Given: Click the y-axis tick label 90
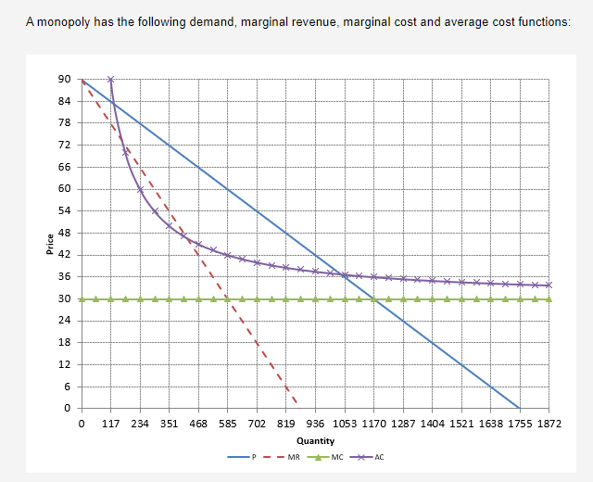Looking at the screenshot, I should click(x=63, y=80).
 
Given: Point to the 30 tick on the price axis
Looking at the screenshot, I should click(x=63, y=298).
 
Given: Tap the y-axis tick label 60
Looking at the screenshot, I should click(x=63, y=189).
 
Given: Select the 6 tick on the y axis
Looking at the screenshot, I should click(x=67, y=387).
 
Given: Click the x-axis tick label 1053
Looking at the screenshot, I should click(x=345, y=424).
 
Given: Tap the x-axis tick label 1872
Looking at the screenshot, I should click(x=549, y=424).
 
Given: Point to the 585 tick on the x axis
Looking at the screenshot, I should click(x=228, y=424).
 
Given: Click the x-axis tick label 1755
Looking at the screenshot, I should click(x=520, y=424).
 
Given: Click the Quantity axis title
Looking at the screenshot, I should click(x=315, y=440).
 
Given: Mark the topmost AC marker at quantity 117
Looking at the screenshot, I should click(x=111, y=80).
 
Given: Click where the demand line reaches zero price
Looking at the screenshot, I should click(x=520, y=408).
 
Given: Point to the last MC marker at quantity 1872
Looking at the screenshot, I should click(x=549, y=298).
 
